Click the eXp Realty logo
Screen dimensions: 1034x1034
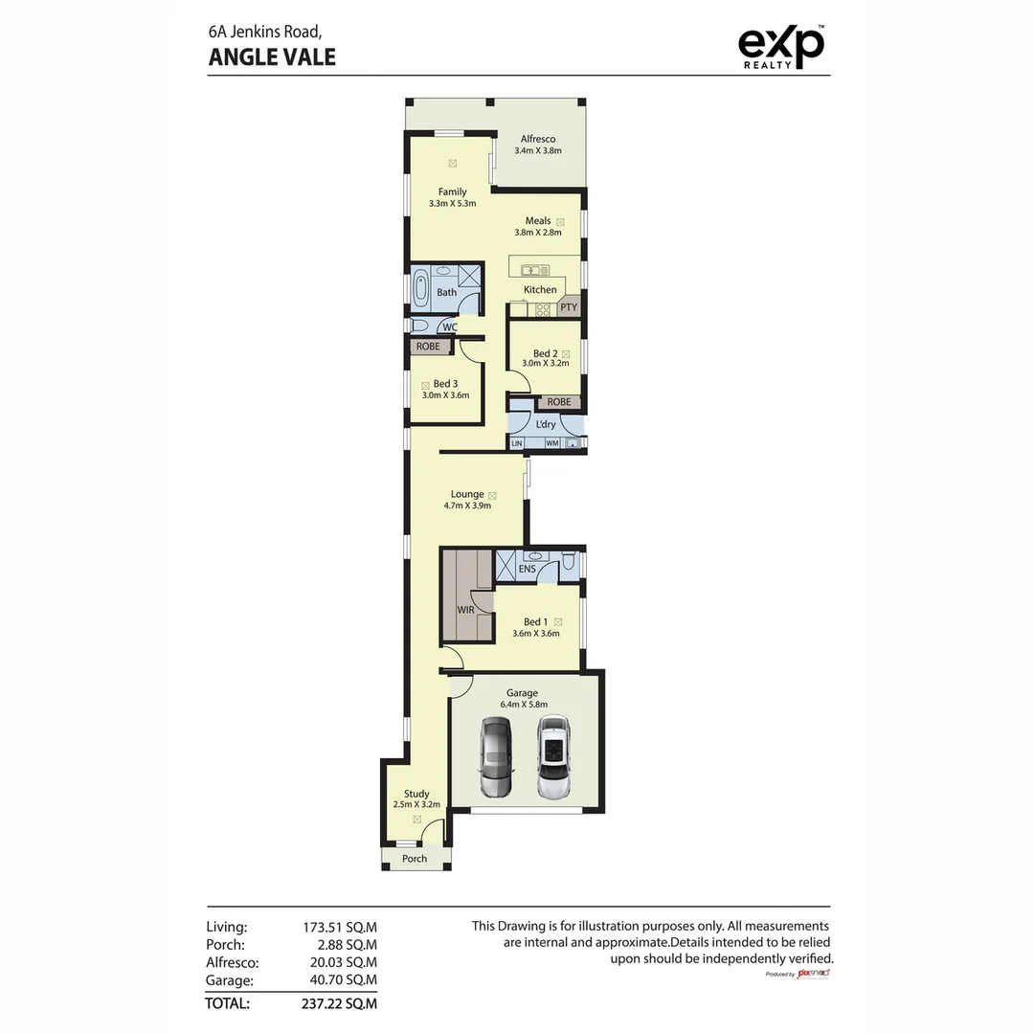click(781, 47)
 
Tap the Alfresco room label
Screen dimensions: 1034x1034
click(538, 139)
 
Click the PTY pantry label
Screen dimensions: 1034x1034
click(569, 307)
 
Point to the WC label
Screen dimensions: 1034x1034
click(450, 327)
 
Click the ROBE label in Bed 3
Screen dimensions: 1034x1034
click(428, 347)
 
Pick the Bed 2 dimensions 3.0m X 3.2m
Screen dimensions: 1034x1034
click(546, 364)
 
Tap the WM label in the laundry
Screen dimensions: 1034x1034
click(551, 443)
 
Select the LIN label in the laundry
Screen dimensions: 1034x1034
click(517, 443)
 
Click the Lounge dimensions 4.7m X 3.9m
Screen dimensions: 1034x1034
click(467, 506)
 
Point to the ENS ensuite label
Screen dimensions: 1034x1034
click(527, 570)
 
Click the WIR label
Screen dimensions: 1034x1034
click(465, 610)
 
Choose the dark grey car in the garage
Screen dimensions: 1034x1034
click(496, 756)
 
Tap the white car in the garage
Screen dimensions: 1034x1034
click(553, 756)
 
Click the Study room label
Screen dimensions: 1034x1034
click(416, 794)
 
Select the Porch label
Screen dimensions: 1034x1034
click(415, 859)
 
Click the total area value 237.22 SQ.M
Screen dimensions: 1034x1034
click(340, 1003)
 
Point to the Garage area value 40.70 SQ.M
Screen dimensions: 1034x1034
click(340, 980)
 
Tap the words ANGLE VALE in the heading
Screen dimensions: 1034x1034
click(272, 56)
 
